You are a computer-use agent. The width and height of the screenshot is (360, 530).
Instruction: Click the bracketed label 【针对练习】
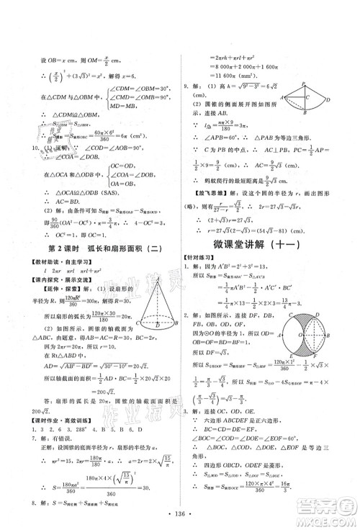205,256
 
